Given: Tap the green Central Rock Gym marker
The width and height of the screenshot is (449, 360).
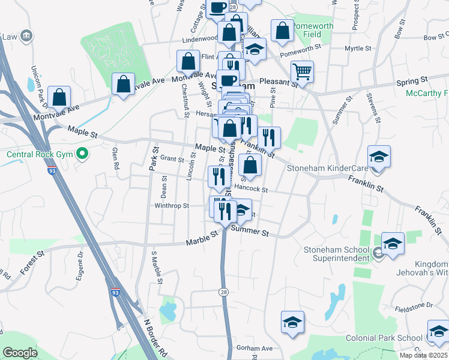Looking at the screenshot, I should point(83,154).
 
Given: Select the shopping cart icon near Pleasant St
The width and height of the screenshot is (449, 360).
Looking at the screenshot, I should point(302,72).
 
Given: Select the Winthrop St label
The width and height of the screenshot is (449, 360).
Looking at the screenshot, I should point(172,206).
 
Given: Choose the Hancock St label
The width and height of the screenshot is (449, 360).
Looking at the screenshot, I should point(251,188).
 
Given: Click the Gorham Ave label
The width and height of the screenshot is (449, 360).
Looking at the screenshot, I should point(255,348).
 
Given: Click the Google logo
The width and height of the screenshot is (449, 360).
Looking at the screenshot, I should point(20,353).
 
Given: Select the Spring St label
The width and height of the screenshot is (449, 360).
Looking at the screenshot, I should point(411,80).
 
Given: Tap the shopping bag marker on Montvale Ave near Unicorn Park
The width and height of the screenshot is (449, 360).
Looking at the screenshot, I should point(60,97).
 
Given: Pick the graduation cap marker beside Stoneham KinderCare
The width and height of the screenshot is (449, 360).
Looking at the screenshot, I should point(378,157).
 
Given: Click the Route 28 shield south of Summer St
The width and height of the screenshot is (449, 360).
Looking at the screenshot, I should point(223,292).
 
